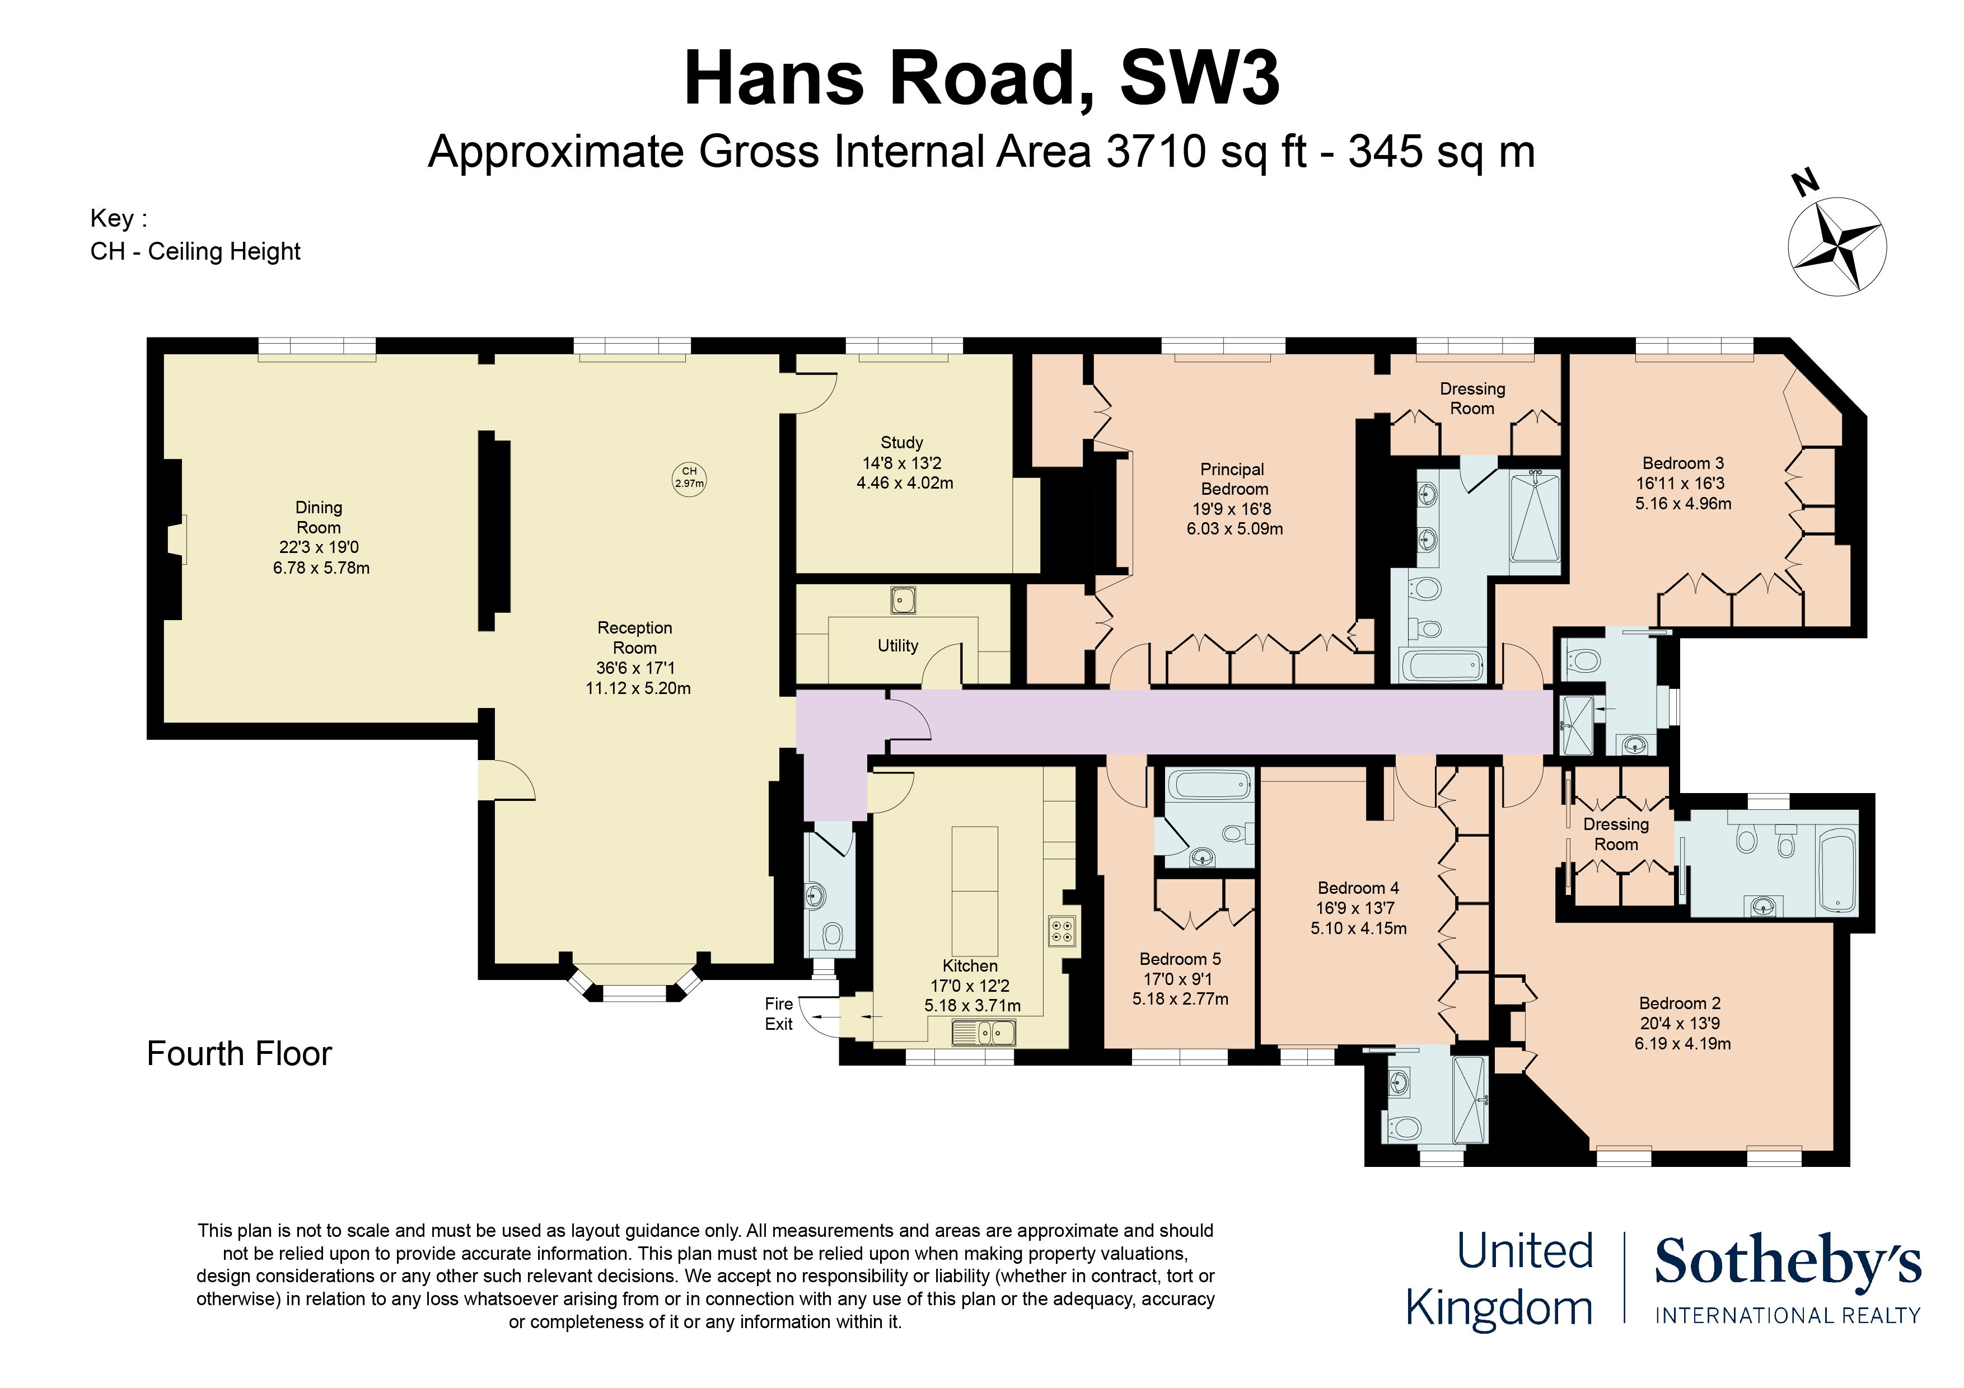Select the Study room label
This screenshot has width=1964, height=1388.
click(x=901, y=442)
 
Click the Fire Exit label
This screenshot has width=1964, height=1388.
click(x=778, y=1014)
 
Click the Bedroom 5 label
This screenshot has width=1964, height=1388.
click(x=1180, y=959)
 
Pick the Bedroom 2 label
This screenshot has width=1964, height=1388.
click(x=1680, y=1003)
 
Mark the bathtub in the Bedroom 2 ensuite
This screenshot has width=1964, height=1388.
click(x=1836, y=870)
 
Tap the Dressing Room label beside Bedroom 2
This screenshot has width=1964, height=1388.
click(x=1616, y=834)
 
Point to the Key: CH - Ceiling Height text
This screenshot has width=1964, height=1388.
click(x=195, y=235)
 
